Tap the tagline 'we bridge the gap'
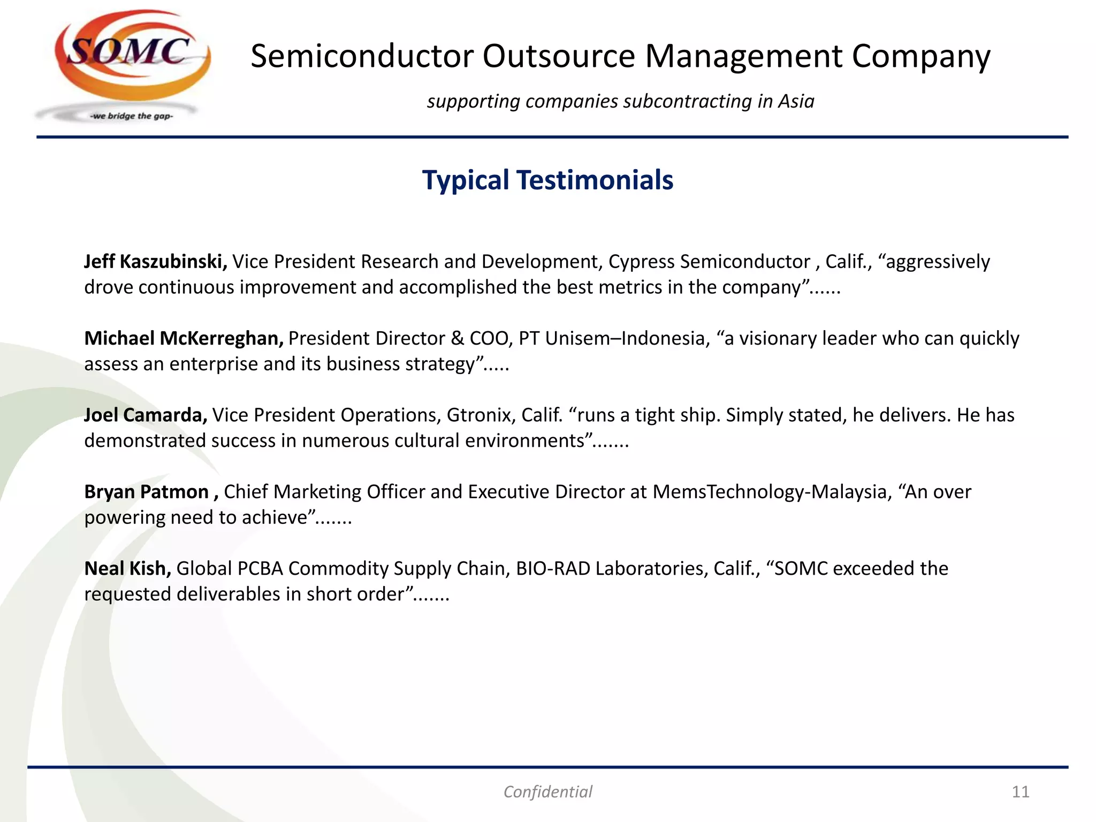point(132,116)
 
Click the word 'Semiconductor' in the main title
point(362,56)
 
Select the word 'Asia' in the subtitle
point(796,101)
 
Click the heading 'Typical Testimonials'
point(547,180)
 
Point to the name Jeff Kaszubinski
point(156,262)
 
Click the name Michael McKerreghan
point(184,338)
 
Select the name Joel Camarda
point(146,415)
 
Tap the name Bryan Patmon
point(147,492)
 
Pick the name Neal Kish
point(128,568)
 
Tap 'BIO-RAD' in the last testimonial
point(553,568)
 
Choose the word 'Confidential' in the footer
point(547,791)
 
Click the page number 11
point(1021,791)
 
